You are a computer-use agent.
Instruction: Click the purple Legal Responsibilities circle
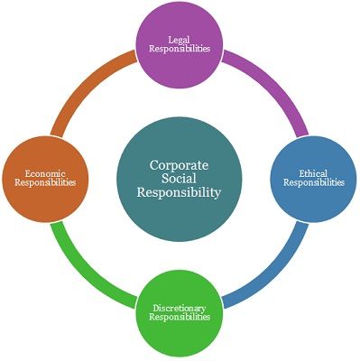(180, 44)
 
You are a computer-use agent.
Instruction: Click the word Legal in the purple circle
(180, 38)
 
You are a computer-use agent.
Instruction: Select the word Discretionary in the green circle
(180, 308)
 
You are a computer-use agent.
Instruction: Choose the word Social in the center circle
(180, 179)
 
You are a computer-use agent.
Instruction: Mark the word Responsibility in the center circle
(180, 193)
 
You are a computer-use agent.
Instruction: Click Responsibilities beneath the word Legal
(180, 49)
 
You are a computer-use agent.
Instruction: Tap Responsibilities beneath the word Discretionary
(180, 318)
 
